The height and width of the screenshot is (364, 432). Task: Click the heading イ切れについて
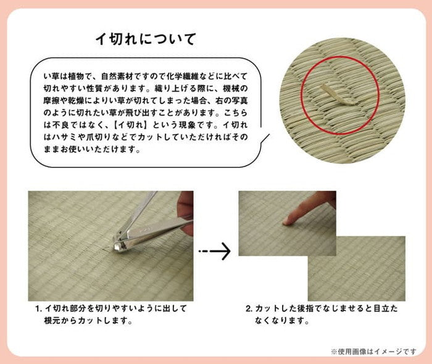(x=145, y=40)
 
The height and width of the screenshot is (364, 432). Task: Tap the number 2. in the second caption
(x=248, y=308)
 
